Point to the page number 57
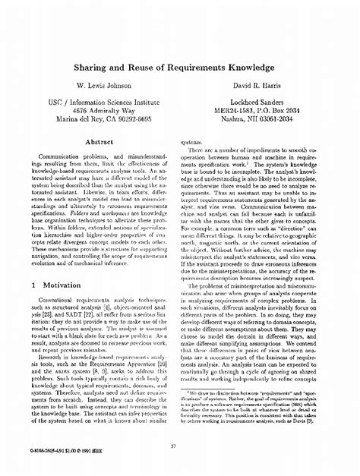point(179,446)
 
